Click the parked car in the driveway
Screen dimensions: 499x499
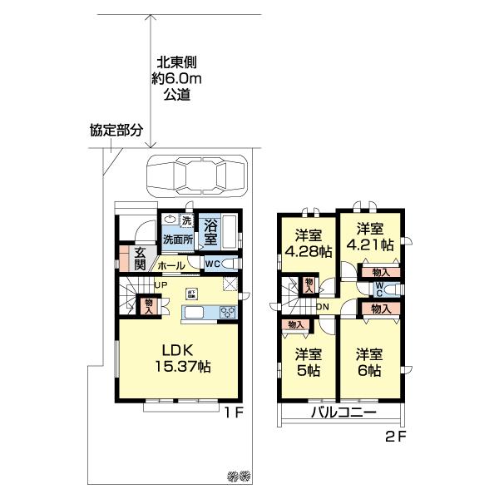(x=196, y=175)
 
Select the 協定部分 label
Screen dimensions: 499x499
(x=116, y=131)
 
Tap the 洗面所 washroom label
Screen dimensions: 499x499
(x=178, y=240)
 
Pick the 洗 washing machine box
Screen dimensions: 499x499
(x=187, y=221)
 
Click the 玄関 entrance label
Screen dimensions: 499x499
(x=139, y=258)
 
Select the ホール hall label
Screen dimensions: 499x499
(x=170, y=265)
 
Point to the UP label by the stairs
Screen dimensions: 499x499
(x=160, y=286)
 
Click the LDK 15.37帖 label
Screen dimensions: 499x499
(x=180, y=357)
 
